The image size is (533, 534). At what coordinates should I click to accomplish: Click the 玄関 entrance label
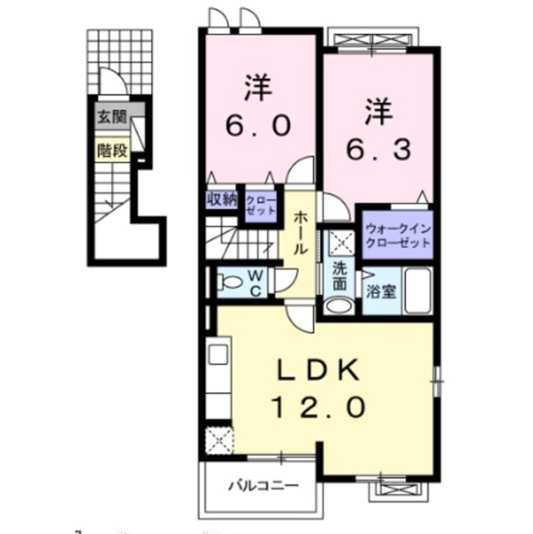point(112,117)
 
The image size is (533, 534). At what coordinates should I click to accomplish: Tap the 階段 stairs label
point(113,150)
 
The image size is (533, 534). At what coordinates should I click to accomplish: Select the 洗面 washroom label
point(339,277)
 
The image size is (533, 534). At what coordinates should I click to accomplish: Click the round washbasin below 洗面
point(339,305)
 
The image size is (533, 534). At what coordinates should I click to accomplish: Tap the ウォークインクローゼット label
point(397,235)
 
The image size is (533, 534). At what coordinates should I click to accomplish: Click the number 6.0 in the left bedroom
point(258,125)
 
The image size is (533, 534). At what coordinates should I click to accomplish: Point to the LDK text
point(319,370)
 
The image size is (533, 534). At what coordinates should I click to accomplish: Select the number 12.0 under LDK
point(319,407)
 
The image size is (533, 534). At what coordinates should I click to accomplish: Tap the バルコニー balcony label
point(263,485)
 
